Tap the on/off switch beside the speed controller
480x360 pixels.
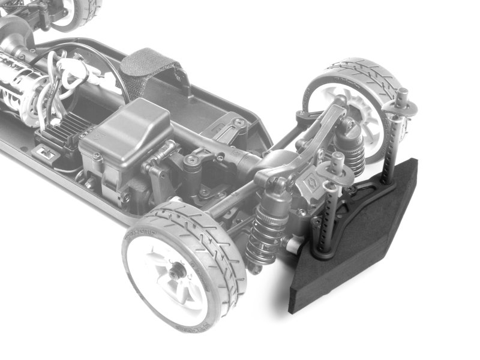(44, 155)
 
